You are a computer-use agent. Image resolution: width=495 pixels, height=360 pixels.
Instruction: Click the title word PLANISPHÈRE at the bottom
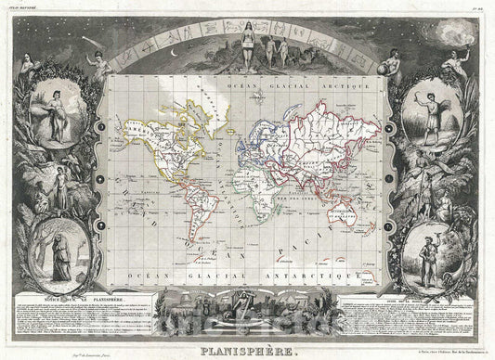[246, 352]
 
